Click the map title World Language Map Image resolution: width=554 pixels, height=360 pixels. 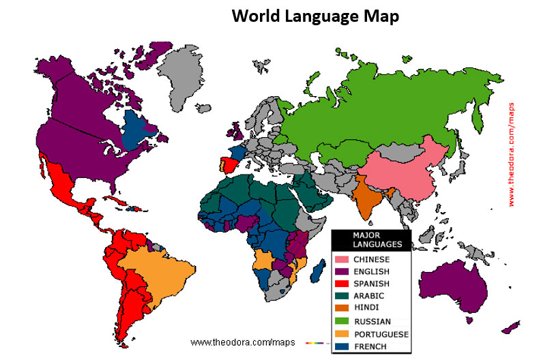pos(315,16)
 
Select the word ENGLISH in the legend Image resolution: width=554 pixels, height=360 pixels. pos(372,271)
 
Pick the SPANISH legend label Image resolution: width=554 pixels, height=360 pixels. pos(372,284)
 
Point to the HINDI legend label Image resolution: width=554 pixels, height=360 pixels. pos(367,308)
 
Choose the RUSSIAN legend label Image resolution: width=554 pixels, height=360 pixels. pos(372,321)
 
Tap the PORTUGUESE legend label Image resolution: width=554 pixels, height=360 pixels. pos(381,334)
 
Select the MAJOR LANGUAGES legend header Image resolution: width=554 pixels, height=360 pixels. pos(373,239)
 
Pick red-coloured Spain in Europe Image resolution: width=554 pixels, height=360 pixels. pos(230,166)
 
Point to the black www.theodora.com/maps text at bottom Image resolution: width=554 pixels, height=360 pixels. pos(234,341)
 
